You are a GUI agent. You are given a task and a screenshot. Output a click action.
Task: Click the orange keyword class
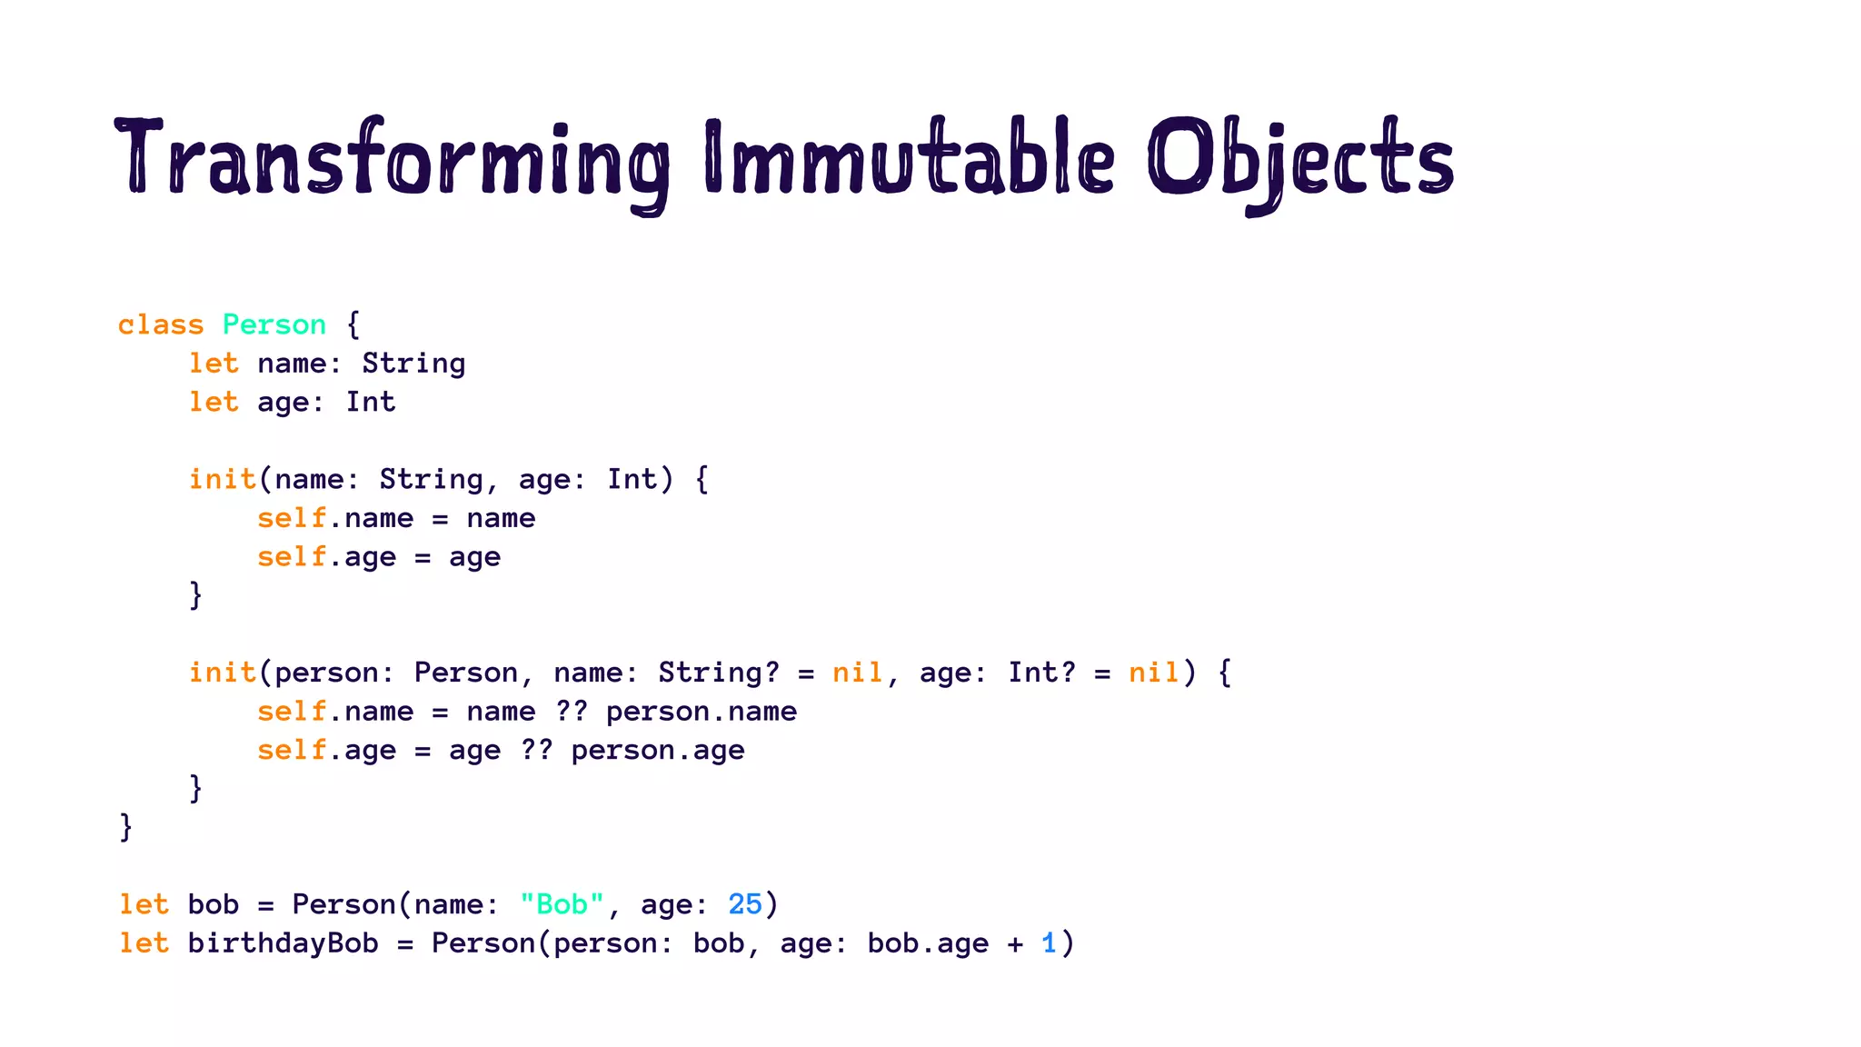tap(161, 324)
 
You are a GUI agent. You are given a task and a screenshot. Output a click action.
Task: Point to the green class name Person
tap(274, 324)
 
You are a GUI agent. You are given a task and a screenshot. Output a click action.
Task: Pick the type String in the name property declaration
tap(413, 364)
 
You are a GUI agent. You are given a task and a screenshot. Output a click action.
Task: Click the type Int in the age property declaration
tap(371, 402)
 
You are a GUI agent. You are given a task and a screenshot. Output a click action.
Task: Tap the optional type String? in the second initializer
tap(719, 673)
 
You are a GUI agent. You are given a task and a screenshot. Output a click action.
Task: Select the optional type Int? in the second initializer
tap(1041, 673)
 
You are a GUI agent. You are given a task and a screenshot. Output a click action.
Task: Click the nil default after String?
tap(858, 673)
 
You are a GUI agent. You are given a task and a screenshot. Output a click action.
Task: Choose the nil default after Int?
tap(1154, 673)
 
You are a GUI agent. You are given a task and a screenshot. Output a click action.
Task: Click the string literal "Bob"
tap(562, 904)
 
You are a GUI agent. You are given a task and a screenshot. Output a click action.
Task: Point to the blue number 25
tap(745, 904)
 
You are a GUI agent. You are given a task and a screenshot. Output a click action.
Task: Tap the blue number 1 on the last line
tap(1050, 943)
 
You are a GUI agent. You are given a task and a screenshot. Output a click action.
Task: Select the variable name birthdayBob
tap(283, 943)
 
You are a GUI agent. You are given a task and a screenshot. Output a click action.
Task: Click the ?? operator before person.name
tap(571, 712)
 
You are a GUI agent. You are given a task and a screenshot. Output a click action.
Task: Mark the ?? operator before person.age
tap(536, 751)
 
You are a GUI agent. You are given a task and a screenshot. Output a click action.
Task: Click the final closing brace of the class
tap(126, 827)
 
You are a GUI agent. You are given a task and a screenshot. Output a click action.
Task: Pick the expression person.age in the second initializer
tap(658, 751)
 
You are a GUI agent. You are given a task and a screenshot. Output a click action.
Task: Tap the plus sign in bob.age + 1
tap(1015, 943)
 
